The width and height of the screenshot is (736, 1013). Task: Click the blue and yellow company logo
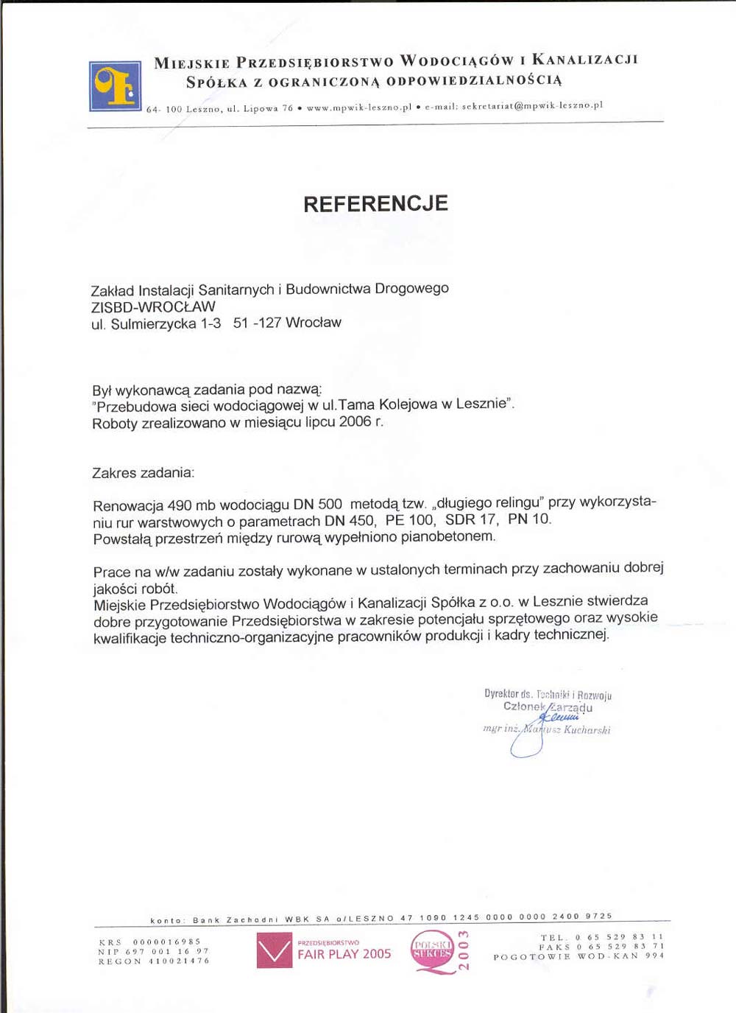tap(115, 86)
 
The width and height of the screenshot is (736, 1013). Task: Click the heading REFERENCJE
tap(375, 204)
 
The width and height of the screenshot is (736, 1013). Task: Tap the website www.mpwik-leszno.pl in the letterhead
tap(359, 108)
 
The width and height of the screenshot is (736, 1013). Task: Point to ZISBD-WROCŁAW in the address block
tap(153, 306)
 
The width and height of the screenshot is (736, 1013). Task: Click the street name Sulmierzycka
tap(153, 324)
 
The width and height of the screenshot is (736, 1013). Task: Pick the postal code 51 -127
tap(257, 323)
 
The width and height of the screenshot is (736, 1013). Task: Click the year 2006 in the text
tap(355, 421)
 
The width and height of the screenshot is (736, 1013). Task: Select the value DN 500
tap(317, 505)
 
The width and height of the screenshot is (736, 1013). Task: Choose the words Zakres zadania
tap(142, 473)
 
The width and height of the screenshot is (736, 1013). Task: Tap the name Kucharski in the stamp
tap(587, 730)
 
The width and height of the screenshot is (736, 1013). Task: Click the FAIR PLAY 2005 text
tap(344, 954)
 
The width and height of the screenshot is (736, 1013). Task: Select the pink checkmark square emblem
tap(275, 950)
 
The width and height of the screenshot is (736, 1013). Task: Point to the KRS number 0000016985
tap(167, 942)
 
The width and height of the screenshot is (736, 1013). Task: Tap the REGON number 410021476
tap(179, 961)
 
